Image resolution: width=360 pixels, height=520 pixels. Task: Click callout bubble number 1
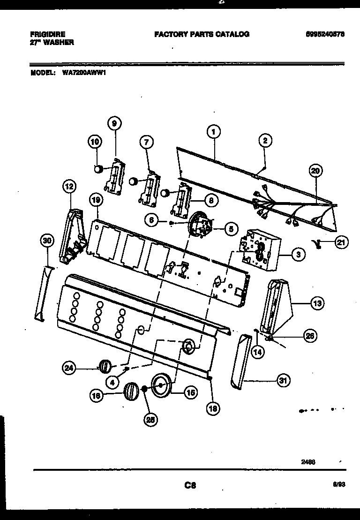tap(213, 132)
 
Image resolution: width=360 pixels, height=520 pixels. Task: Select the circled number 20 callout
tap(315, 172)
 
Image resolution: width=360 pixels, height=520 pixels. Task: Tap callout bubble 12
tap(69, 187)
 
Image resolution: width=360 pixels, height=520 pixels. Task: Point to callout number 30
tap(46, 241)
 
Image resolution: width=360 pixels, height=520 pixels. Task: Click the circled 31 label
tap(282, 381)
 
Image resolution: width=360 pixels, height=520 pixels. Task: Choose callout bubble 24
tap(69, 368)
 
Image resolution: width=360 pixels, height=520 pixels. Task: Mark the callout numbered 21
tap(341, 242)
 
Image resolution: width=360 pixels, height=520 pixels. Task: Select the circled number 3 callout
tap(298, 255)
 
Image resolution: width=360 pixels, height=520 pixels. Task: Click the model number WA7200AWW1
tap(82, 73)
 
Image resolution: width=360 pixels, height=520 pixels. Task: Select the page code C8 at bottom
tap(190, 486)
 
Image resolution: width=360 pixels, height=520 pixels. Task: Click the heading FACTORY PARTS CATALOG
tap(202, 34)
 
